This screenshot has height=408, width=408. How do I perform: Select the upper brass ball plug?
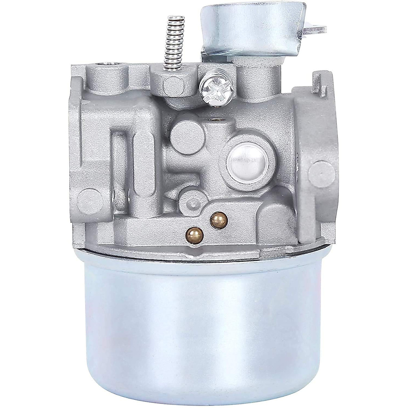[215, 216]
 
